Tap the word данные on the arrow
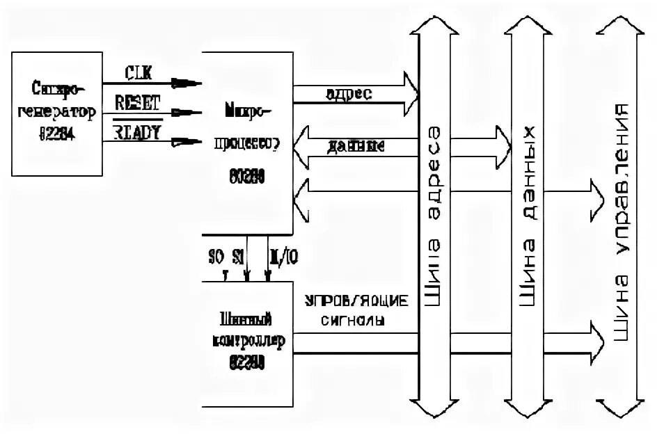coord(353,147)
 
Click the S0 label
coord(216,257)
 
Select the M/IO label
coord(283,257)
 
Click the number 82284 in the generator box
coord(58,136)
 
